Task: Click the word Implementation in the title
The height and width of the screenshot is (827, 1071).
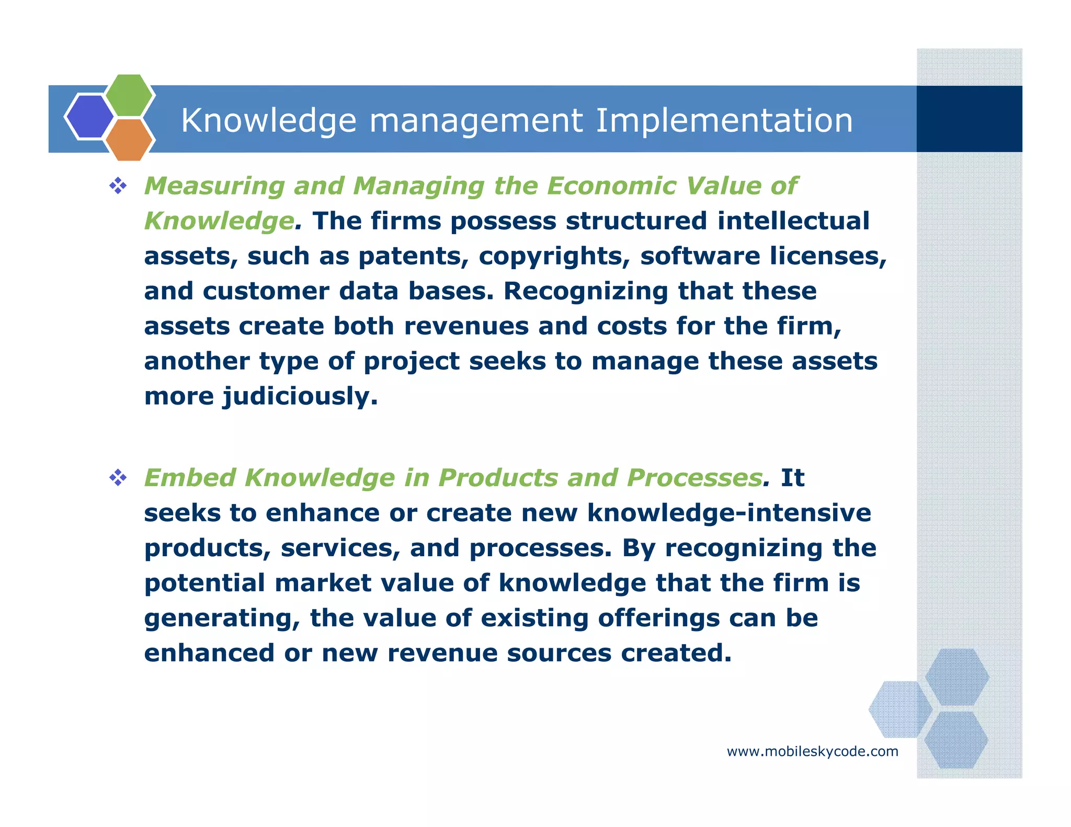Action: (x=724, y=120)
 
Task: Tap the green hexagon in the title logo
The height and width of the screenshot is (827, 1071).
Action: (x=129, y=95)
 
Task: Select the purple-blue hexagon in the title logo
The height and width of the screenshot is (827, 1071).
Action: (x=89, y=117)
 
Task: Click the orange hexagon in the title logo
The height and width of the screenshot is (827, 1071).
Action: (x=129, y=140)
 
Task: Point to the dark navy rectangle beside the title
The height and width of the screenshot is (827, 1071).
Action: (x=969, y=119)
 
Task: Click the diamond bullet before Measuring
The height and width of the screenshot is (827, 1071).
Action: (x=118, y=186)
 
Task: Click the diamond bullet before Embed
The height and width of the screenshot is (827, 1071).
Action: (x=118, y=478)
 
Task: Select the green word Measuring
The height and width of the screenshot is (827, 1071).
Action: (x=214, y=186)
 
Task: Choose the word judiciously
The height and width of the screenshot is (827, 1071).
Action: (x=300, y=396)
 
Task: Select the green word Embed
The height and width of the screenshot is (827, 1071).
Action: (x=189, y=478)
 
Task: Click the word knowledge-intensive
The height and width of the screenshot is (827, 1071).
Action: (x=729, y=513)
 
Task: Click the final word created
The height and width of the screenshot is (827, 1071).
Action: (x=676, y=653)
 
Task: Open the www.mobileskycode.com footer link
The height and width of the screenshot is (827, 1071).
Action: (x=812, y=752)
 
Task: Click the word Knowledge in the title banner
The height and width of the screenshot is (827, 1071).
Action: (x=269, y=120)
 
